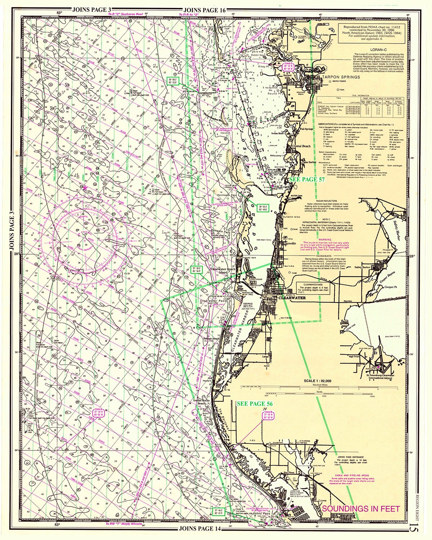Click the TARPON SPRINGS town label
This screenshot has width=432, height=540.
(341, 77)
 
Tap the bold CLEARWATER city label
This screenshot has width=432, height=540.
(292, 298)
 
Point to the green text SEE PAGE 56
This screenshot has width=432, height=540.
(255, 404)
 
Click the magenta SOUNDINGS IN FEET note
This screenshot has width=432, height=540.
(361, 509)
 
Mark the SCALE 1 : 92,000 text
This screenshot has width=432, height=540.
(318, 381)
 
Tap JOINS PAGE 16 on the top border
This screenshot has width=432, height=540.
(204, 10)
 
